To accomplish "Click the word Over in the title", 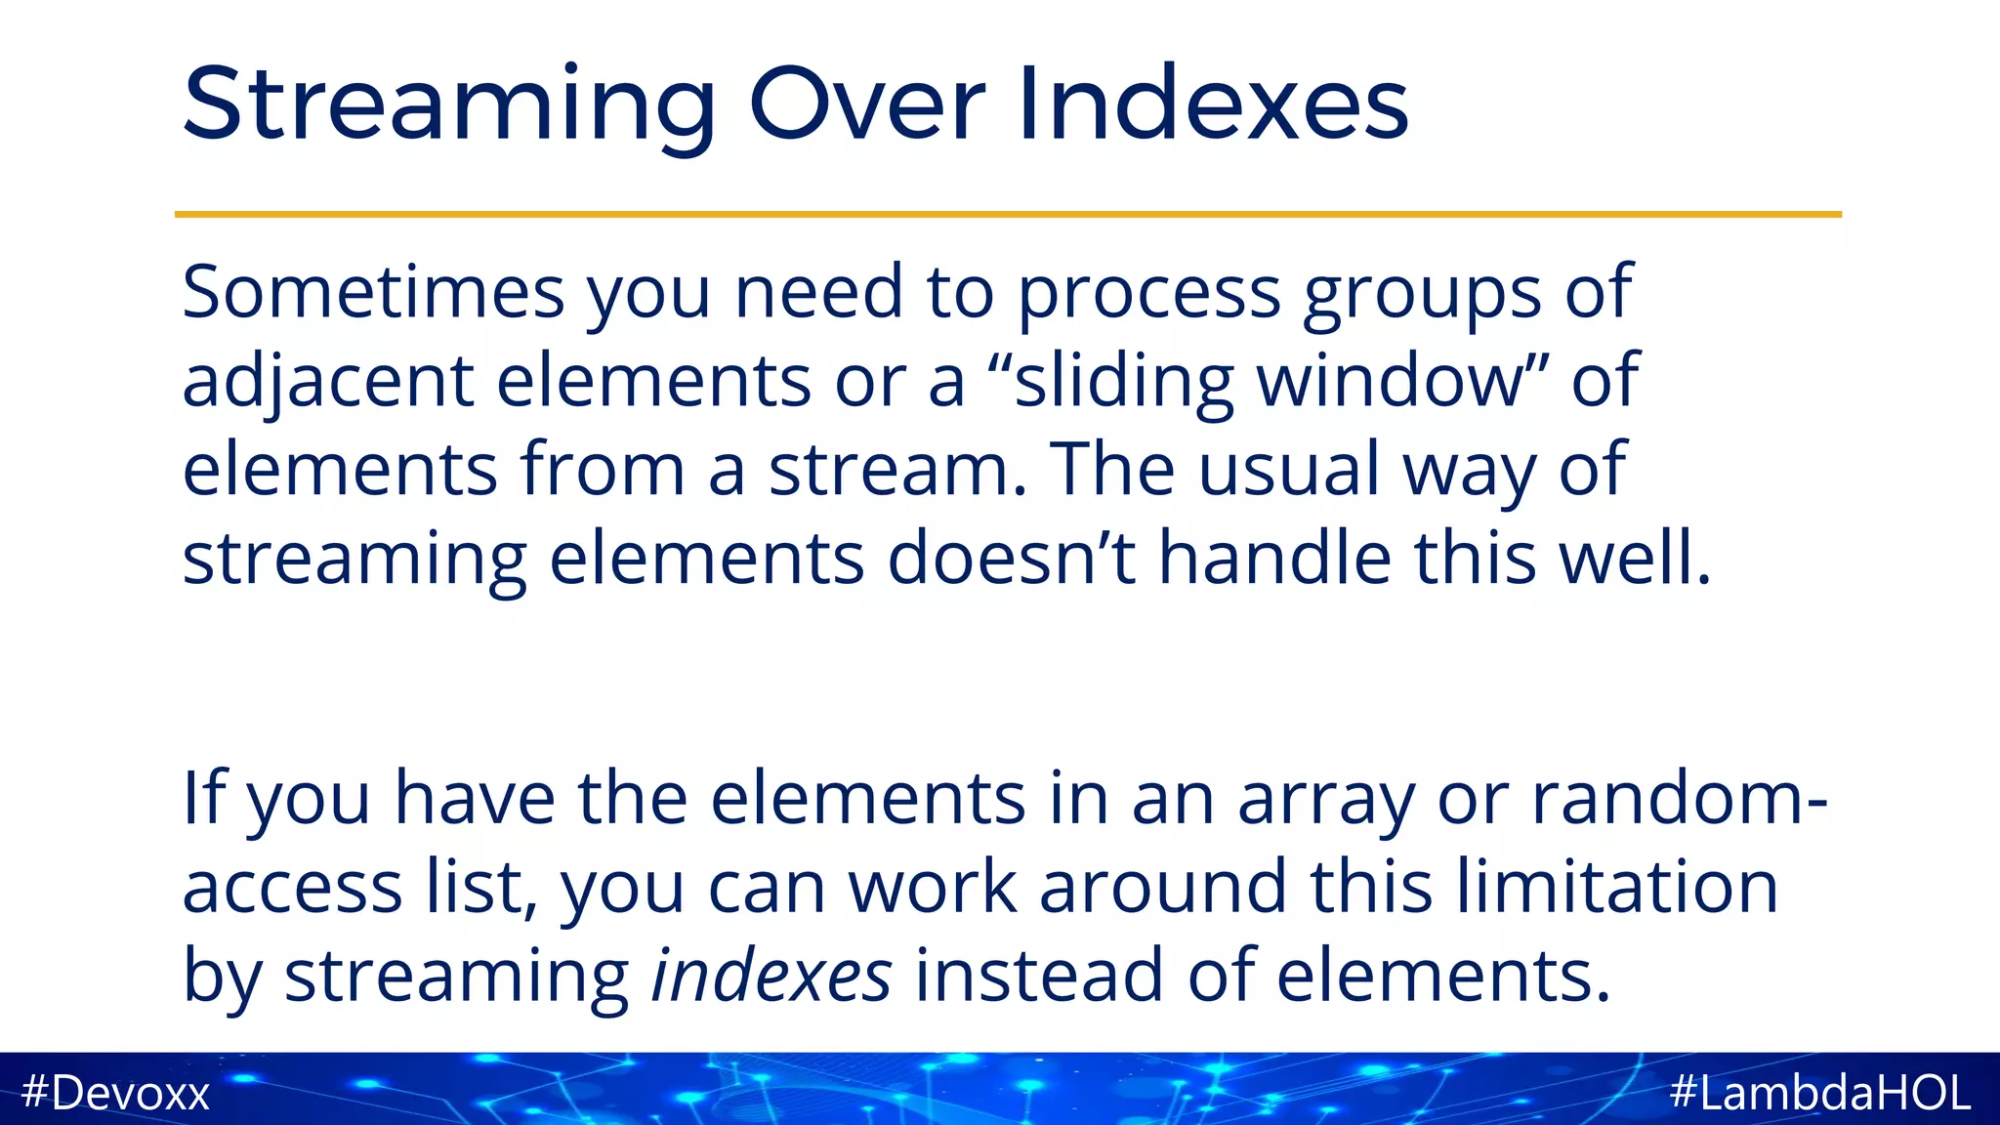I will click(867, 104).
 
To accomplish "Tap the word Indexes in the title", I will click(1213, 104).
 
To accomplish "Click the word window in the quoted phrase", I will click(1391, 381).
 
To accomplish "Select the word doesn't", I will click(1012, 558).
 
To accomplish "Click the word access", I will click(292, 888).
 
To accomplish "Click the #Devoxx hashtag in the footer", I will click(115, 1092).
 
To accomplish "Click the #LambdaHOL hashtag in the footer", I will click(1820, 1092).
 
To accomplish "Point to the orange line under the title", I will click(1008, 214).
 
